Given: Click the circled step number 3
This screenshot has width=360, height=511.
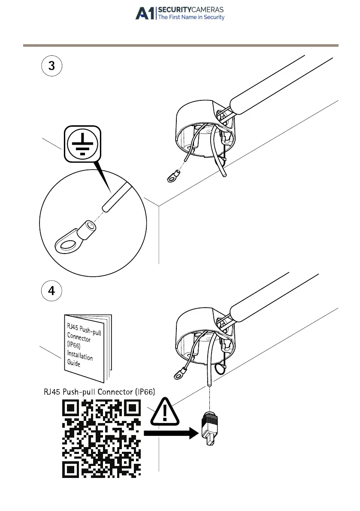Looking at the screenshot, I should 51,67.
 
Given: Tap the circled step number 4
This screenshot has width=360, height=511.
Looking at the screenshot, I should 51,291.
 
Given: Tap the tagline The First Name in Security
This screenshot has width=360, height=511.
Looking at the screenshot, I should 191,18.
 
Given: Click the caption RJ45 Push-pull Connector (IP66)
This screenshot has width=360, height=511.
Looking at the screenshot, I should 100,391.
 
